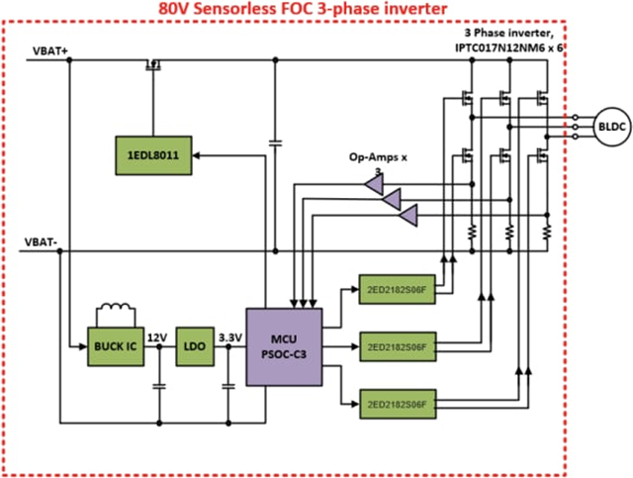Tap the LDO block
[x=195, y=347]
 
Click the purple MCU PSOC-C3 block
[x=284, y=345]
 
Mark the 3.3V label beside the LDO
[x=230, y=337]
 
